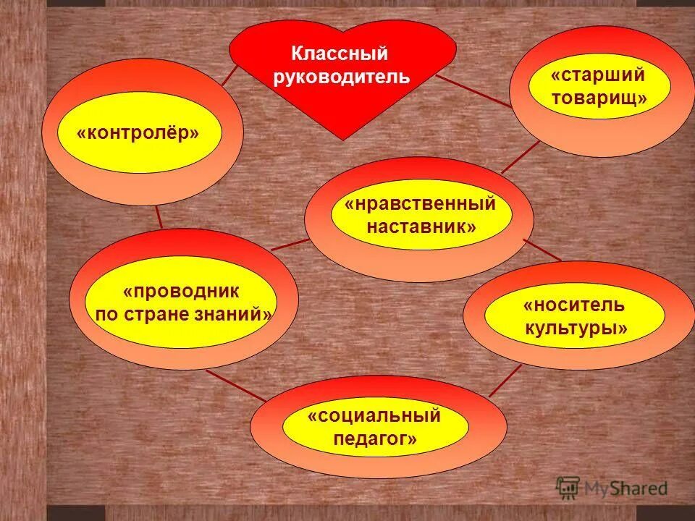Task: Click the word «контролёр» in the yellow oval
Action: (138, 134)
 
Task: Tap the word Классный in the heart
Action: (340, 54)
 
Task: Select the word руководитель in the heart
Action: (342, 76)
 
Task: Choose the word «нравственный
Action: (421, 204)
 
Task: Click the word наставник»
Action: (421, 226)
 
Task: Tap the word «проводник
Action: (180, 292)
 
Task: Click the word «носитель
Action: (574, 305)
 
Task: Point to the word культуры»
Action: (576, 329)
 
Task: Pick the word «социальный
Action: (374, 416)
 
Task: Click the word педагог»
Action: (375, 439)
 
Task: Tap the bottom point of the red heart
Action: (342, 138)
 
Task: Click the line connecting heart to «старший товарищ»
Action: (474, 91)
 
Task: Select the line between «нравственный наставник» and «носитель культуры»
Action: (542, 250)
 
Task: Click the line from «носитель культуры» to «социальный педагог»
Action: (505, 381)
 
